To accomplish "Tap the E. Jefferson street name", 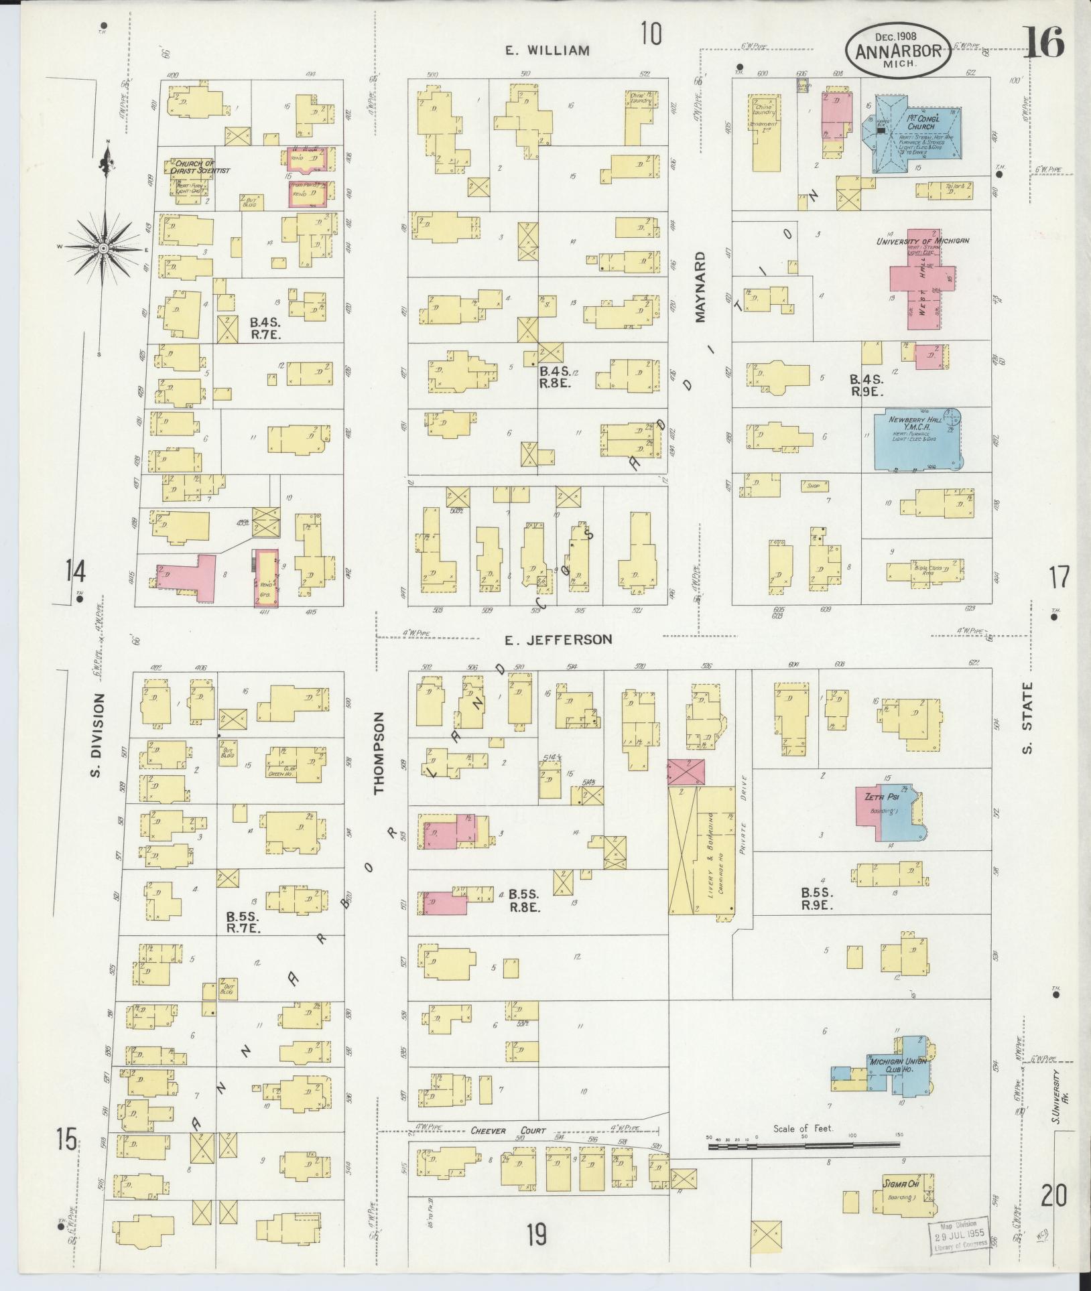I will point(558,639).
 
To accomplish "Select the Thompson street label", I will point(381,752).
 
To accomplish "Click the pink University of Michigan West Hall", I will point(921,288).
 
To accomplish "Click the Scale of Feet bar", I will point(804,1147).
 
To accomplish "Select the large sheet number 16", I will point(1043,42).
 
